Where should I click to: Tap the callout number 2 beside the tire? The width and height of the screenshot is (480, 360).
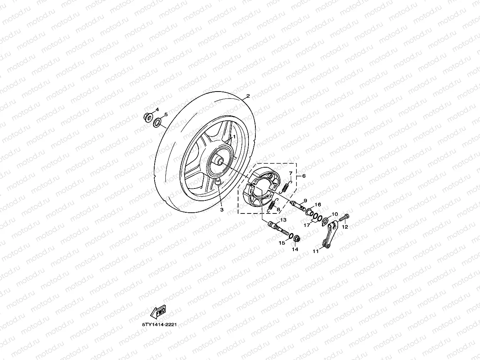tap(248, 96)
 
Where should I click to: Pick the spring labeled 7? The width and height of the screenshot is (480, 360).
tap(286, 187)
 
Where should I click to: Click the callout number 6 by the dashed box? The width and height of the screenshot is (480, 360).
tap(304, 176)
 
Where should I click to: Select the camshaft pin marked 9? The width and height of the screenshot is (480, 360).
tap(298, 204)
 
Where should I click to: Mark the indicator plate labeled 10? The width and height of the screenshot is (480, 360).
tap(325, 221)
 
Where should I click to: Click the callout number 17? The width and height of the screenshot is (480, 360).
tap(307, 226)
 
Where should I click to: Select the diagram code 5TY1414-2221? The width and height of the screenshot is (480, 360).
tap(159, 325)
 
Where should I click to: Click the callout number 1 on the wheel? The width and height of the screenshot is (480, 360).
tap(234, 137)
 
